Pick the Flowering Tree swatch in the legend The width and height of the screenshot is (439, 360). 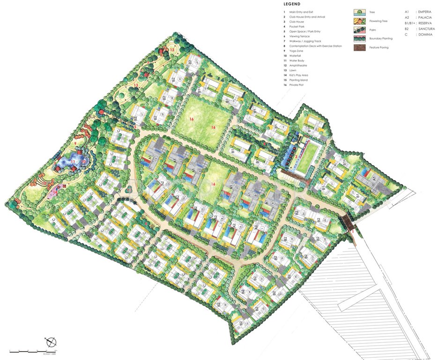pos(359,21)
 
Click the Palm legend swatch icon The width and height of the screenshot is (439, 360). pos(359,30)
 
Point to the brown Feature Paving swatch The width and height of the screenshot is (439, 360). pos(359,47)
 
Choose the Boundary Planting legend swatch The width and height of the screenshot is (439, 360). pos(359,38)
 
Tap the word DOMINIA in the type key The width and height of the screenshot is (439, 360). pos(425,34)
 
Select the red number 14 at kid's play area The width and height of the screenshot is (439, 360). pos(55,192)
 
